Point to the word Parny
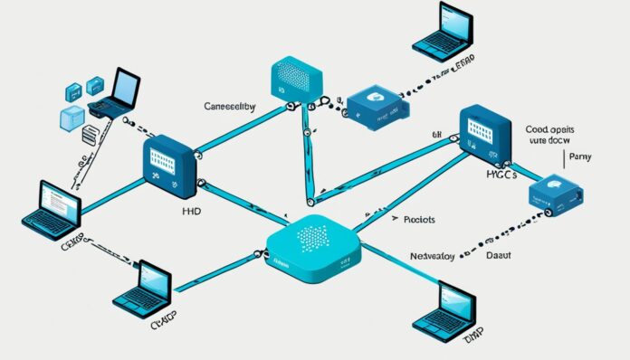pyautogui.click(x=584, y=156)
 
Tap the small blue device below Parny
pyautogui.click(x=555, y=194)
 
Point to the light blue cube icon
pyautogui.click(x=72, y=118)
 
